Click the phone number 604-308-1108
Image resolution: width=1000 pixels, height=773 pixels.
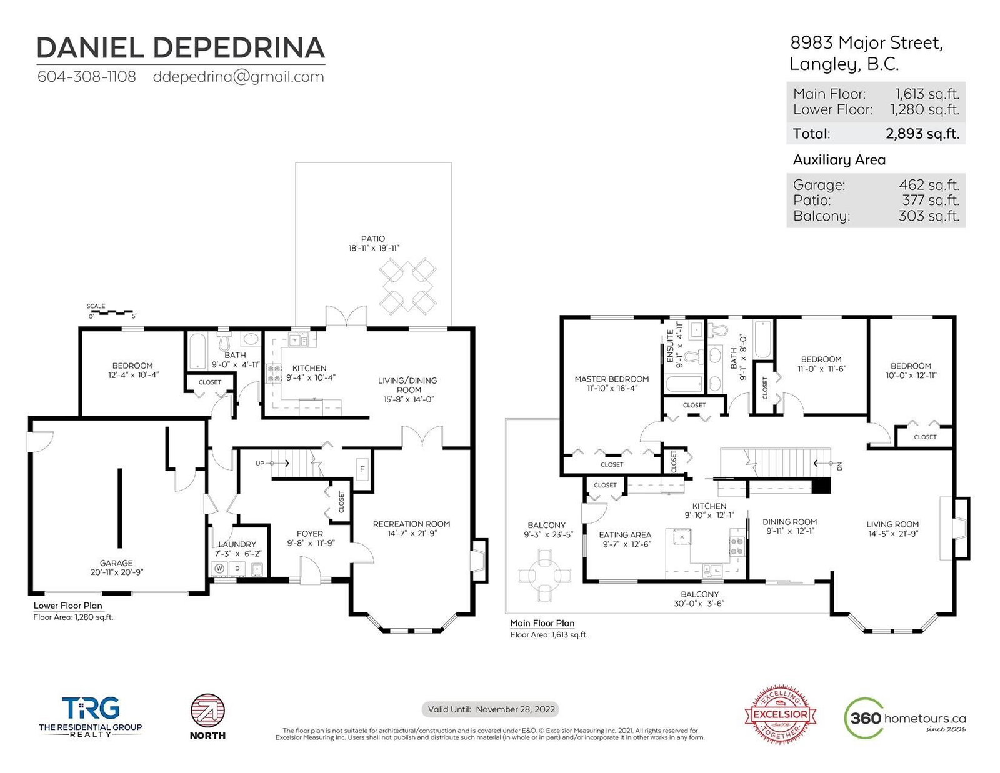(x=86, y=76)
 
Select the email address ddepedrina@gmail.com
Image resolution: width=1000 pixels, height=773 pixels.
(x=238, y=77)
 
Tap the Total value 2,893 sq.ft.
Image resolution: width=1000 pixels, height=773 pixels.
(x=922, y=134)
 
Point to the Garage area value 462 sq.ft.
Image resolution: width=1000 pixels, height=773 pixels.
(x=929, y=185)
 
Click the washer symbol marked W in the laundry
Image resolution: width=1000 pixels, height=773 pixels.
(x=219, y=568)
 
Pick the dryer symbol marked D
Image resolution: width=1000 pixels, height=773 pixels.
(x=237, y=569)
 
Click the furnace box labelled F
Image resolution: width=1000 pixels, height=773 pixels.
(x=362, y=469)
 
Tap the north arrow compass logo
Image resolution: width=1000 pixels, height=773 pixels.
(x=208, y=711)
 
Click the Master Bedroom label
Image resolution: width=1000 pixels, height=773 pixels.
(x=612, y=379)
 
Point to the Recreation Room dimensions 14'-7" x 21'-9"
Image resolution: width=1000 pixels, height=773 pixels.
(x=412, y=533)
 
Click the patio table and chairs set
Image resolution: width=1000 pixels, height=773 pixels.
(x=407, y=286)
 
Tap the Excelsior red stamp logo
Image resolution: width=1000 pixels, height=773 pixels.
(x=780, y=714)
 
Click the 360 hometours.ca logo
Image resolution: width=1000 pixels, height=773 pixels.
(x=905, y=718)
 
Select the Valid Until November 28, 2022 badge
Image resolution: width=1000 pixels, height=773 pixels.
(x=491, y=709)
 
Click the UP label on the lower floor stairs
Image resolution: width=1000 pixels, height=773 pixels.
(x=260, y=463)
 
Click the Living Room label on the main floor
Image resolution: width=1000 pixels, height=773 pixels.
(x=892, y=524)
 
